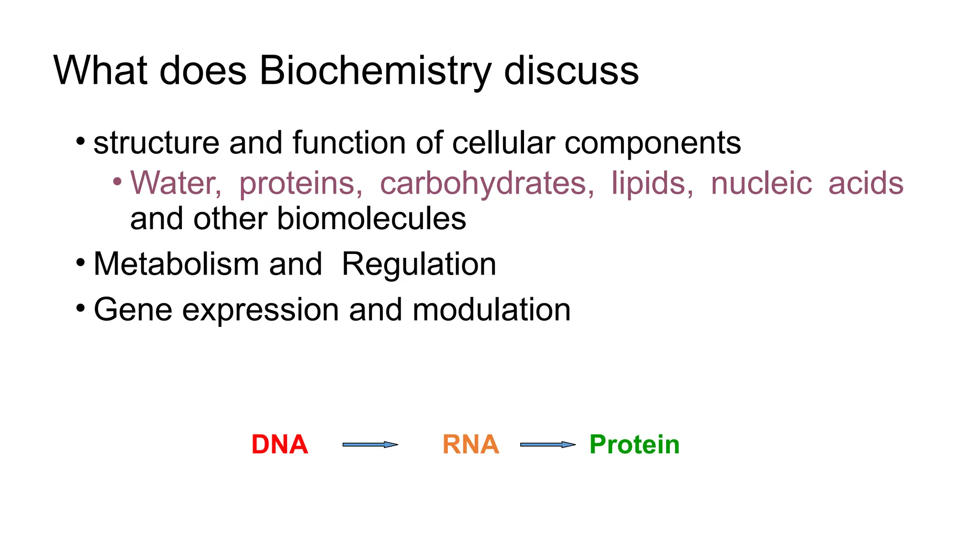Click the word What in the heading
coord(100,71)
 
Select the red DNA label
coord(279,445)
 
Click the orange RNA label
coord(470,445)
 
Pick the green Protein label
coord(634,445)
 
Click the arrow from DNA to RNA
coord(370,445)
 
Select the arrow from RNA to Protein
coord(547,445)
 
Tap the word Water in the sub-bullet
coord(175,183)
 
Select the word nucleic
coord(761,183)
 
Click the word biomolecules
coord(371,219)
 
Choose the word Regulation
coord(419,264)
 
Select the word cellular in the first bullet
coord(503,143)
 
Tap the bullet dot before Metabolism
coord(80,263)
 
